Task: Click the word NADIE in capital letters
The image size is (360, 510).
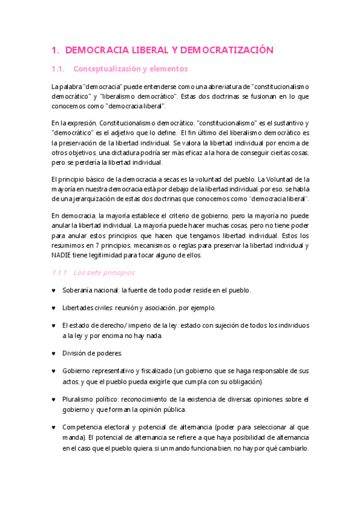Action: coord(63,255)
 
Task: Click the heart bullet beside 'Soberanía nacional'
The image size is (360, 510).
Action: coord(55,290)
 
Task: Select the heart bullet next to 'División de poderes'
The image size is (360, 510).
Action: coord(55,352)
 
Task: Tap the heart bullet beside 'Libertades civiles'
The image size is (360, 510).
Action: coord(55,308)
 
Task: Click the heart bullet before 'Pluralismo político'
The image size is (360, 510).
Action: coord(55,399)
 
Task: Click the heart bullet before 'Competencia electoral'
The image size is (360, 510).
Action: coord(55,428)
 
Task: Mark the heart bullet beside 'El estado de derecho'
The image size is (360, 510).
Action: coord(55,325)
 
